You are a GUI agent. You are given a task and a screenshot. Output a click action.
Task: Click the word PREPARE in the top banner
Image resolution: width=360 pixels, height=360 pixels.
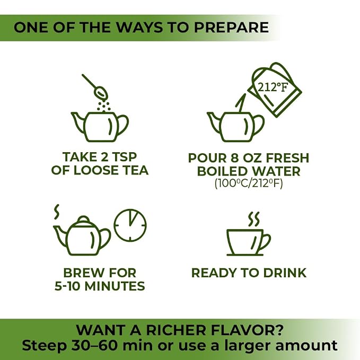tap(231, 28)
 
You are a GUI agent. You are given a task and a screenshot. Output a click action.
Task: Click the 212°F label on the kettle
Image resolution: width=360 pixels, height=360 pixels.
tap(273, 87)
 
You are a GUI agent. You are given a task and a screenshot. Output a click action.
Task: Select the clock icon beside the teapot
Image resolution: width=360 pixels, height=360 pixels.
tap(130, 225)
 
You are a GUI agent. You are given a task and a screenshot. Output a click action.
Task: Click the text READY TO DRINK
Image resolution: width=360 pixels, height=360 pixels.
tap(249, 273)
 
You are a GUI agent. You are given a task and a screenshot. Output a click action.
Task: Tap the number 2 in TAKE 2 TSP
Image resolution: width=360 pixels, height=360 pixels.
tap(104, 157)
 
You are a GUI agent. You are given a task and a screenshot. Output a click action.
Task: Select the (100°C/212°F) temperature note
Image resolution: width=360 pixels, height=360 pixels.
tap(249, 183)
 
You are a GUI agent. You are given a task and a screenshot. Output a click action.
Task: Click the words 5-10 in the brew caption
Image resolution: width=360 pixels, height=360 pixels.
tap(68, 286)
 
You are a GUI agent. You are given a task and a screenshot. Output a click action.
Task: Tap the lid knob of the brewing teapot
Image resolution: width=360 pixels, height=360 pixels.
tap(83, 218)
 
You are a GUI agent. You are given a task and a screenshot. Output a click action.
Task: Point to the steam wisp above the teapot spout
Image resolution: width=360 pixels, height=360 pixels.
tap(57, 212)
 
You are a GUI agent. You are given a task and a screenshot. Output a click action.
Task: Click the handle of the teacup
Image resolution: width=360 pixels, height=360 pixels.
tap(266, 242)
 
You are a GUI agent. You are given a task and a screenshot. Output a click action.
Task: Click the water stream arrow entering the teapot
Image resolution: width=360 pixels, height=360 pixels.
tap(240, 103)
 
